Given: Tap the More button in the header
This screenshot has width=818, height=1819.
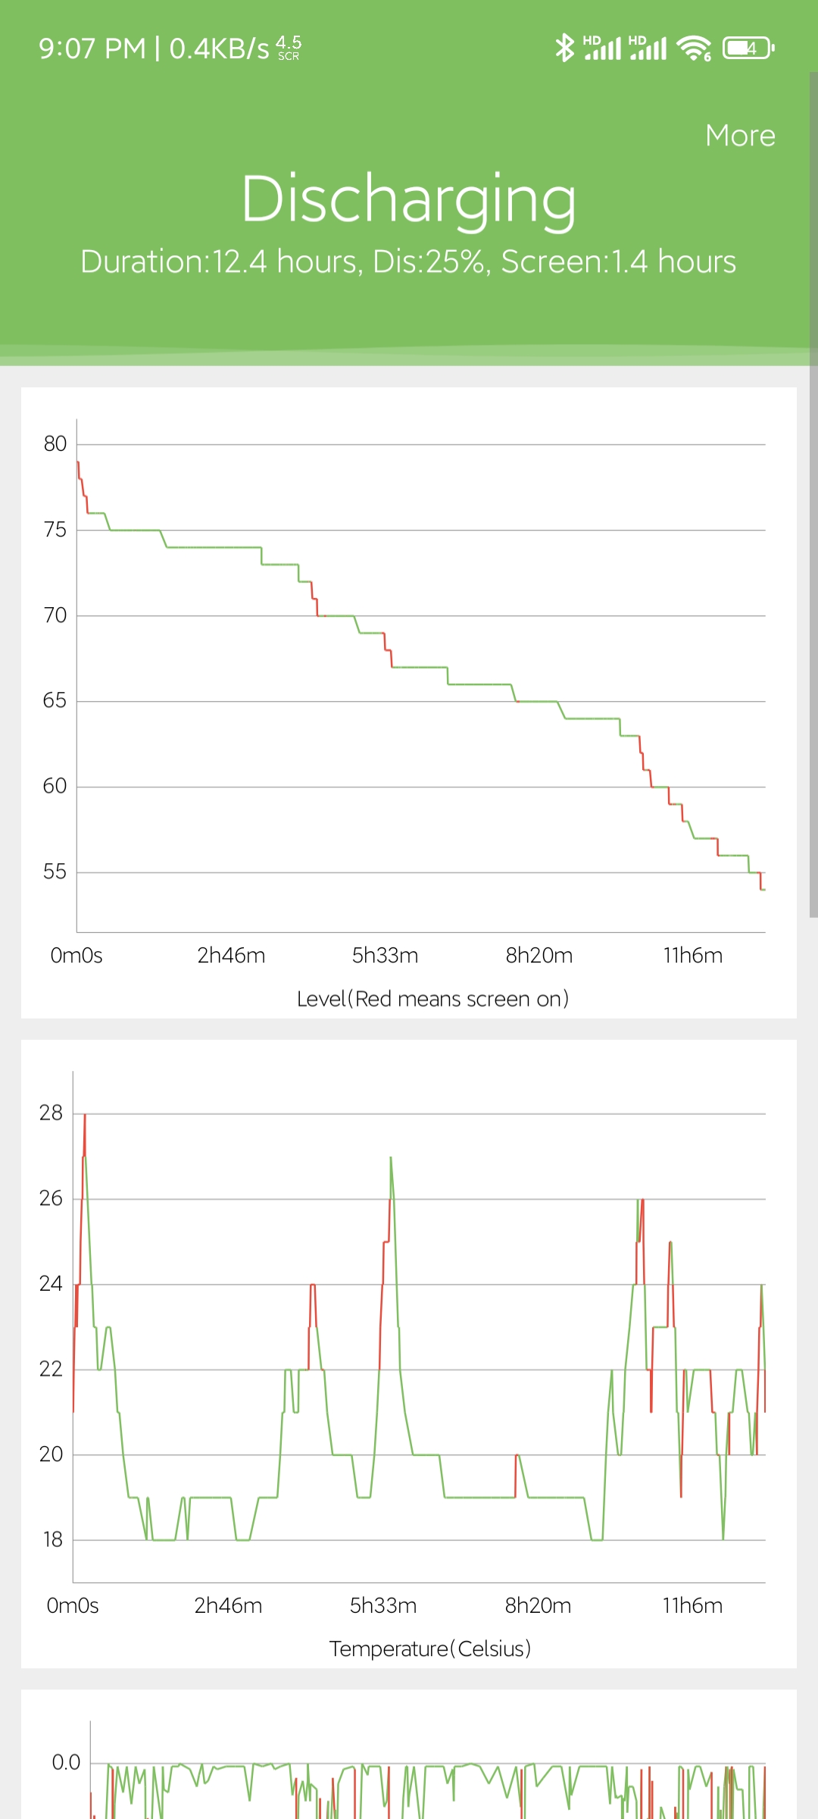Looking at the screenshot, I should [x=740, y=136].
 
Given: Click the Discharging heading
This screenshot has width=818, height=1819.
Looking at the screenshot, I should [x=408, y=199].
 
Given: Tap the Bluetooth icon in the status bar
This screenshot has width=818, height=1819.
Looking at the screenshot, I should [x=564, y=48].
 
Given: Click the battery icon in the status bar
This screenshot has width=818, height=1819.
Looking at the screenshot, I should [x=748, y=48].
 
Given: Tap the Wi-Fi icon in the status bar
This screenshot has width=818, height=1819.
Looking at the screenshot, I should [x=694, y=48].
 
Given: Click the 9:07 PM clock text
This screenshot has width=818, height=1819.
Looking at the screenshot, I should [x=92, y=49].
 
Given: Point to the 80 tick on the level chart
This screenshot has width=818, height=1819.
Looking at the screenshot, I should [x=55, y=444].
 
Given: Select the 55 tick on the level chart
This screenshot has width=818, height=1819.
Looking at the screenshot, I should [x=55, y=872].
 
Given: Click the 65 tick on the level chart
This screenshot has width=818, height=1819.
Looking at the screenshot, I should [x=55, y=700].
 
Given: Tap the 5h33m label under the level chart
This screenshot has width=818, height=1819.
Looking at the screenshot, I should [x=385, y=955].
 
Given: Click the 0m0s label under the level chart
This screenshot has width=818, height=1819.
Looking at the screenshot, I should [x=76, y=955].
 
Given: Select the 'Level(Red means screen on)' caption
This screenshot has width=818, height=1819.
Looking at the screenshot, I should [x=432, y=999].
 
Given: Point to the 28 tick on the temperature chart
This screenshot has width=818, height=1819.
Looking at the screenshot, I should [x=52, y=1113].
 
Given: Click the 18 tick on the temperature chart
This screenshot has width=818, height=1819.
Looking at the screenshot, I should [x=52, y=1539].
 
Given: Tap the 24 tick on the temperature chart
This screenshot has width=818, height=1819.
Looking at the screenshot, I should [x=52, y=1283].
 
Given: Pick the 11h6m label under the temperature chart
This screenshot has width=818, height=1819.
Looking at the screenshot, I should [x=692, y=1605].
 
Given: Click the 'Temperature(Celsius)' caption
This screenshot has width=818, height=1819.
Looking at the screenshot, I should [x=430, y=1649].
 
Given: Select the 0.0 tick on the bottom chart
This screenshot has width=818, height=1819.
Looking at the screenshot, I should [x=66, y=1762].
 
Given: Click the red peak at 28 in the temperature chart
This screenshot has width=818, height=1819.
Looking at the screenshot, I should [x=85, y=1116].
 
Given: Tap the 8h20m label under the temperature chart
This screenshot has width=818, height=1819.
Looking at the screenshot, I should [x=538, y=1605].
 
